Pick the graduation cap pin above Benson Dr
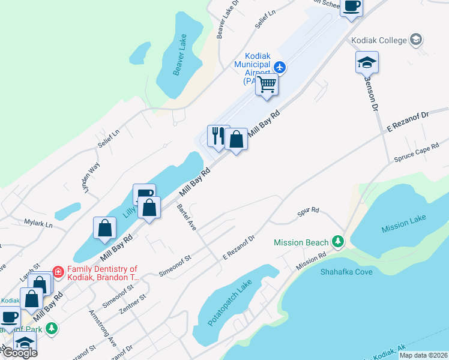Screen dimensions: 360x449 tap(367, 62)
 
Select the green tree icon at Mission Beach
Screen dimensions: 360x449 tap(338, 242)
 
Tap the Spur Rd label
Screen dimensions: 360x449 tap(307, 212)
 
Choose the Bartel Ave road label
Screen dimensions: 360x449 tap(187, 217)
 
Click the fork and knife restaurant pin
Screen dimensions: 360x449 tap(217, 135)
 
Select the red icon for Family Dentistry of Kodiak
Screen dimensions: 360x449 tap(58, 272)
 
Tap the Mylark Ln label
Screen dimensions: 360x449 tap(38, 225)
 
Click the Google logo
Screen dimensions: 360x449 tap(19, 352)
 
